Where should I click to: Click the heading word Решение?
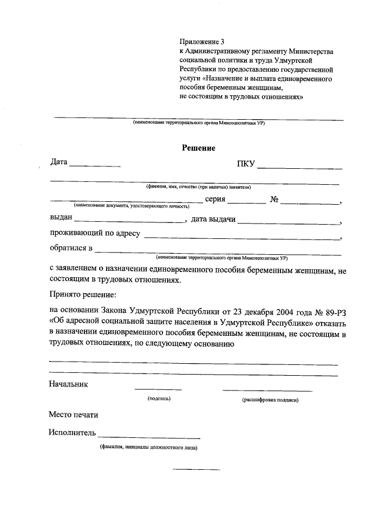pos(198,148)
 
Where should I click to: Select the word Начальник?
pos(68,384)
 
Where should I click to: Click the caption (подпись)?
pos(159,399)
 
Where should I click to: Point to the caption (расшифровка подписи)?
pos(270,400)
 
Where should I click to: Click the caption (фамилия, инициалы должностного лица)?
pos(148,448)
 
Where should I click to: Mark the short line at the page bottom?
pos(196,469)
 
